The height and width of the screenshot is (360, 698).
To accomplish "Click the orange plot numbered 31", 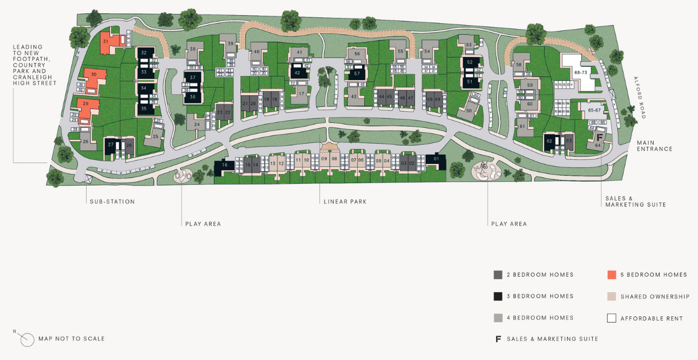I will (x=106, y=42).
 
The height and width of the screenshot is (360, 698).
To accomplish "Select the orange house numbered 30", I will (x=94, y=75).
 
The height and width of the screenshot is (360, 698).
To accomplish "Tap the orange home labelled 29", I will (x=86, y=104).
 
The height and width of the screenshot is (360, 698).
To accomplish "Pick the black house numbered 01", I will (x=436, y=159).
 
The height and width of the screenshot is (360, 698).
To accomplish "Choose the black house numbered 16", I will (x=224, y=166).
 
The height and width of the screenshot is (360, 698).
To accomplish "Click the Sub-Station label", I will (x=112, y=202).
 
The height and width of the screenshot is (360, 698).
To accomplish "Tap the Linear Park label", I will (x=345, y=202).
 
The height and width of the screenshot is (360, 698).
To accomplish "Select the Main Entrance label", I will (x=654, y=145).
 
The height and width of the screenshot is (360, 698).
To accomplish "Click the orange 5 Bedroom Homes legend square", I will (x=611, y=275).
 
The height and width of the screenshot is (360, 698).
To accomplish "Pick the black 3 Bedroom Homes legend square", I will (x=498, y=296).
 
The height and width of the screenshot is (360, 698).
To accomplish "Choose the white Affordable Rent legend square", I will (x=611, y=318).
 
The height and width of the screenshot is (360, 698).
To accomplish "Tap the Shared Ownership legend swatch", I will (x=611, y=296).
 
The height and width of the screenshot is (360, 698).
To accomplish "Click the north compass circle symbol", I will (x=27, y=339).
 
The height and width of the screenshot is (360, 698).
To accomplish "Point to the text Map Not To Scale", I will (x=72, y=338).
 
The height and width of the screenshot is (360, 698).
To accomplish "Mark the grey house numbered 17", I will (x=301, y=94).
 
